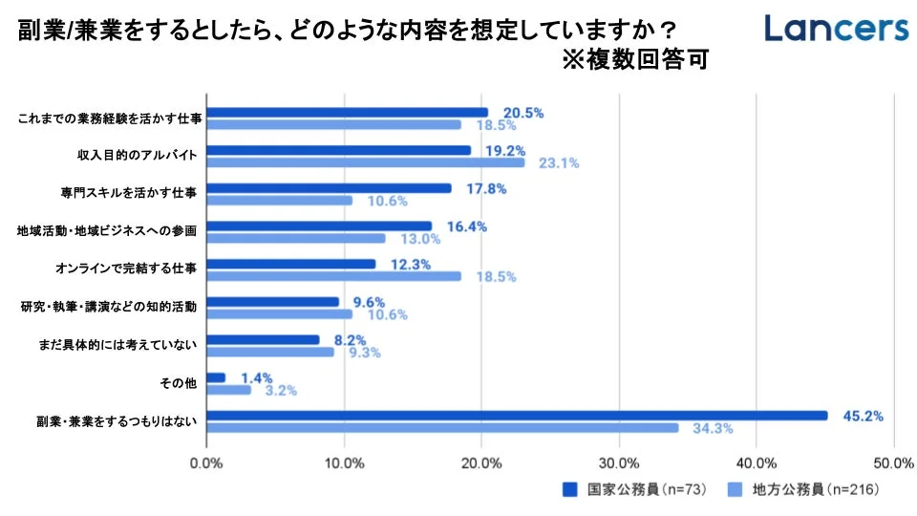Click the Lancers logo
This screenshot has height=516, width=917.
tap(836, 29)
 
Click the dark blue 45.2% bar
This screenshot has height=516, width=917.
tap(517, 415)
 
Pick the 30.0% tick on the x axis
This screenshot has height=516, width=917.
tap(619, 463)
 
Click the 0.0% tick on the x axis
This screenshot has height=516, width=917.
tap(207, 463)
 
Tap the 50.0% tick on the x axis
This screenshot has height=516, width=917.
tap(893, 463)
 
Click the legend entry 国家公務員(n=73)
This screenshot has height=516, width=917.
tap(634, 489)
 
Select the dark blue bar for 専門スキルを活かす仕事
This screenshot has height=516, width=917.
tap(329, 188)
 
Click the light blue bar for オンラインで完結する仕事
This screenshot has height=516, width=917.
tap(333, 276)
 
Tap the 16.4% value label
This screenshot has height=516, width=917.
tap(467, 226)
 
